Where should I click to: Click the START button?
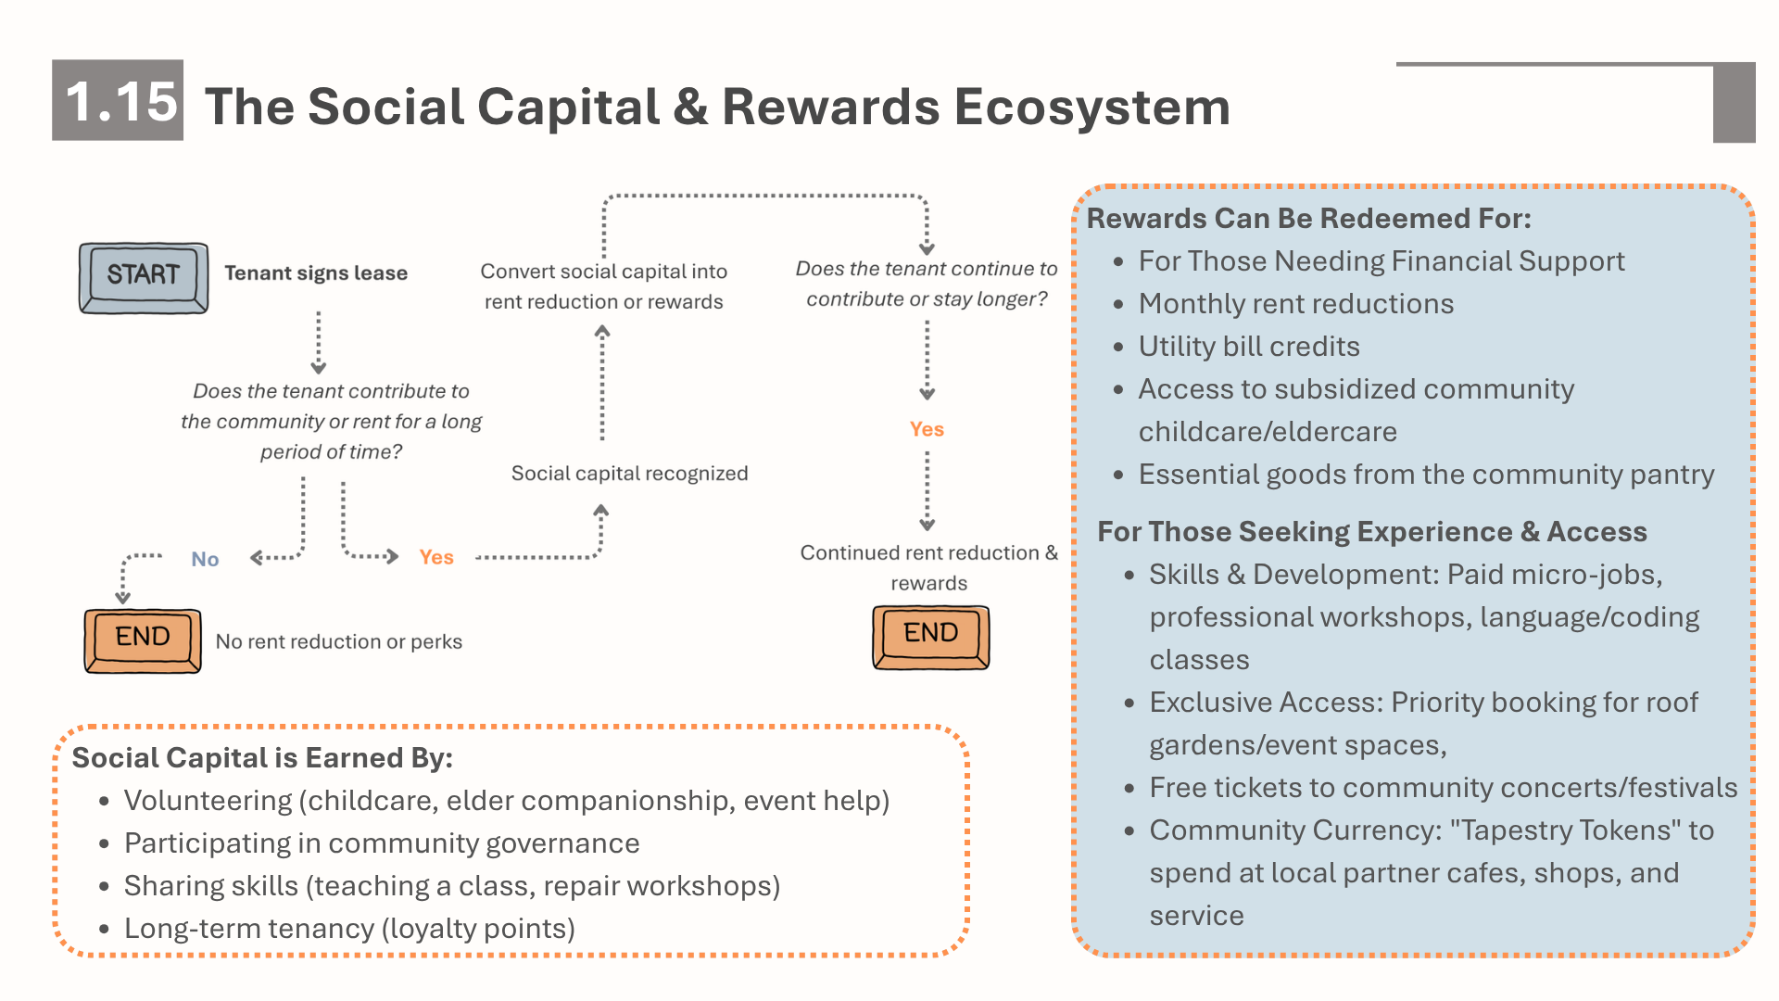[144, 278]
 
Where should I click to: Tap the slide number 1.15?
[120, 101]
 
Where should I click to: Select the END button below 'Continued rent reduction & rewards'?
[931, 638]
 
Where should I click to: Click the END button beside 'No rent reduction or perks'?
[143, 640]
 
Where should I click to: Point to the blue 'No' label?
[205, 559]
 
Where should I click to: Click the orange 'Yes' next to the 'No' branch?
[436, 557]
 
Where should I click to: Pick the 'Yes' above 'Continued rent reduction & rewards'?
[927, 429]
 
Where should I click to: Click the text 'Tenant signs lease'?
[316, 272]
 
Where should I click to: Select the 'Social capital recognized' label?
[630, 473]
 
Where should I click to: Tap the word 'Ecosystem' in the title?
[1092, 107]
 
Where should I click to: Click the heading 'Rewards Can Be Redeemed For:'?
[1309, 218]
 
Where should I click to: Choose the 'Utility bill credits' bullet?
[1249, 346]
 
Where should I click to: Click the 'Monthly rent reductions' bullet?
[1296, 303]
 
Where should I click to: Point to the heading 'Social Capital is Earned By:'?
[262, 757]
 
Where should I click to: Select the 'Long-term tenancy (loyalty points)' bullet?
[349, 928]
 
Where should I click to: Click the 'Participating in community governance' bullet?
[382, 843]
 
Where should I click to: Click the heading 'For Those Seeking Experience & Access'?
[1372, 531]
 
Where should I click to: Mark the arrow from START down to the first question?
[319, 342]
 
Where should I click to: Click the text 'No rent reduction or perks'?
[339, 641]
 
